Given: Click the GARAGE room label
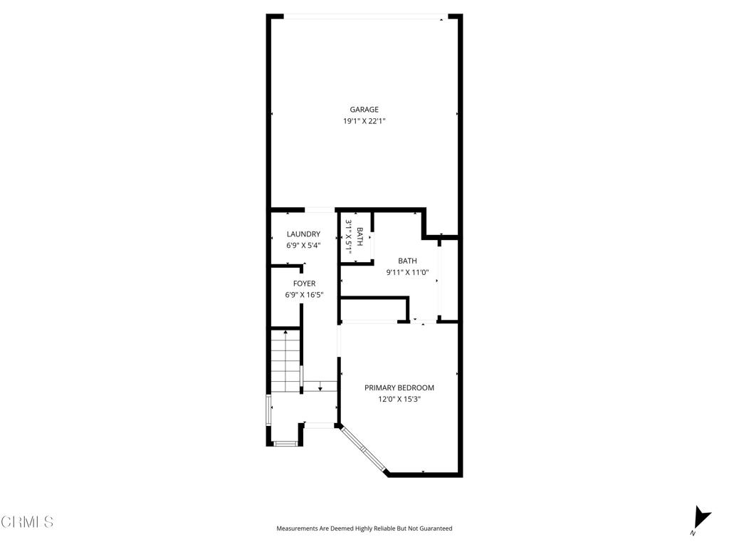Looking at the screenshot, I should tap(364, 110).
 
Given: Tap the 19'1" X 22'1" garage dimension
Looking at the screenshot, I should tap(364, 121).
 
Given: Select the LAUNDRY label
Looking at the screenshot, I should tap(303, 234).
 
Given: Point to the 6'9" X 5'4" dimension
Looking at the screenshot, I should tap(303, 246).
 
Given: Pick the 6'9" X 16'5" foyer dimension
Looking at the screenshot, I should tap(303, 295).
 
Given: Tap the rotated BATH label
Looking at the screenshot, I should tap(360, 237).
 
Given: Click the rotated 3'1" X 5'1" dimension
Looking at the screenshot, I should tap(350, 237).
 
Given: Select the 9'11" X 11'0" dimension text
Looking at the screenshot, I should tap(408, 272).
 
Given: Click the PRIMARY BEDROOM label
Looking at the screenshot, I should tap(399, 388).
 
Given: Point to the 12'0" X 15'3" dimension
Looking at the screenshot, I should tap(399, 400).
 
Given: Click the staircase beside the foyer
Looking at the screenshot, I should tap(285, 362).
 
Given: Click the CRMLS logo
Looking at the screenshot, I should tap(27, 522).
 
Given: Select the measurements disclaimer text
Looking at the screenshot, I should tap(364, 528).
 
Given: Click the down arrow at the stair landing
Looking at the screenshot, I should tap(321, 387).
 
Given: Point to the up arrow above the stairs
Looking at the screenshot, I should tap(285, 332).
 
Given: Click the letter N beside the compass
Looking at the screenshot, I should tap(693, 533).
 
